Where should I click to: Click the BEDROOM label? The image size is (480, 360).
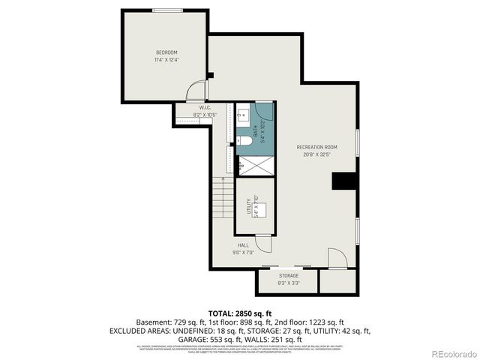[x=166, y=52]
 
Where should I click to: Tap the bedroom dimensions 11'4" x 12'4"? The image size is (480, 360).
[x=166, y=59]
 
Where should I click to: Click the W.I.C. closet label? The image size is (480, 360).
[x=204, y=108]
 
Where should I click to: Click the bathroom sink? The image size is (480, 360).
[x=244, y=116]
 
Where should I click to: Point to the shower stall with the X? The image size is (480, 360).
[x=255, y=165]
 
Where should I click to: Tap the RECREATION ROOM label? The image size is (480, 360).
[x=316, y=147]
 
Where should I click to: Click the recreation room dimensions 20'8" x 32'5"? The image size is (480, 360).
[x=316, y=155]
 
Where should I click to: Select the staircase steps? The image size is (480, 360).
[x=222, y=198]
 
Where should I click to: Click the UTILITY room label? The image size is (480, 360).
[x=249, y=205]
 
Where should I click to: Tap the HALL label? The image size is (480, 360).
[x=243, y=245]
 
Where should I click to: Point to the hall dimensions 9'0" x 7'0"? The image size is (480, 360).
[x=243, y=253]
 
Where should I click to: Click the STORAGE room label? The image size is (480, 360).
[x=289, y=276]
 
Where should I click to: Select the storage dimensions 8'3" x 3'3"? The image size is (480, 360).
[x=289, y=283]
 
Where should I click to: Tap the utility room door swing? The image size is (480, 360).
[x=264, y=244]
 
